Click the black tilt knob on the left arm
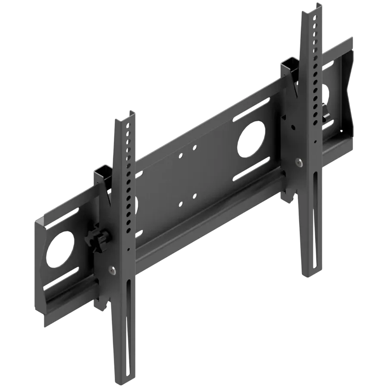(98, 241)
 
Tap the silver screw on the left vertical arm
(113, 270)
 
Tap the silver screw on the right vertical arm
(297, 162)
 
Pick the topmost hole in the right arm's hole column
(314, 19)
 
